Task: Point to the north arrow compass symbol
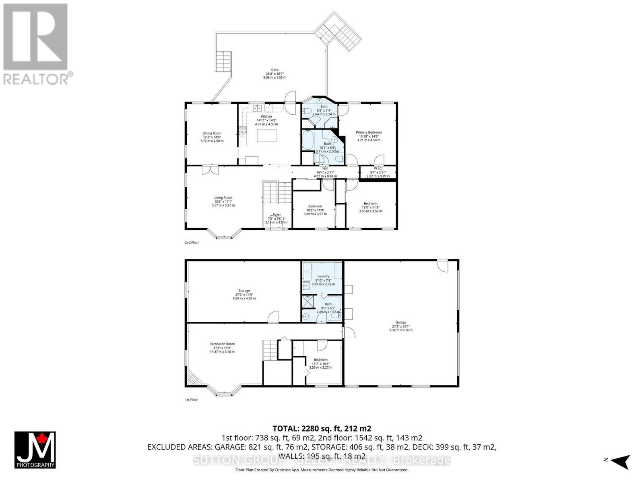(x=620, y=460)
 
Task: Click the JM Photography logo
(x=35, y=450)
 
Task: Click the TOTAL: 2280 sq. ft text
(x=322, y=428)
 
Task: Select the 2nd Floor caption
(x=192, y=243)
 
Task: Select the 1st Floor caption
(x=191, y=400)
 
